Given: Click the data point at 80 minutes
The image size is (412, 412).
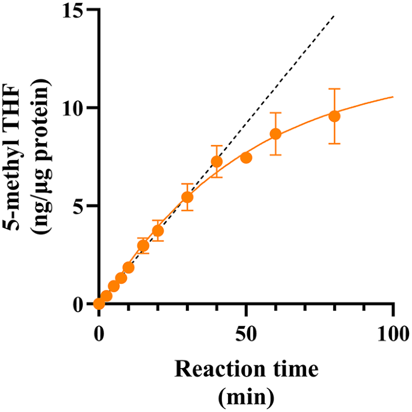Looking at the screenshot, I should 334,116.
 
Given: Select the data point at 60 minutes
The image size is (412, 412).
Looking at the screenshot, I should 275,134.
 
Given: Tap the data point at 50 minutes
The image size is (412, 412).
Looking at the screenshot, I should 246,158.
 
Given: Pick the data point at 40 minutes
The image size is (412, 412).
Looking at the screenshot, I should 217,162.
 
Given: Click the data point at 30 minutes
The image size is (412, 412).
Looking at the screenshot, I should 187,197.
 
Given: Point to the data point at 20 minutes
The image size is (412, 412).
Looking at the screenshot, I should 158,230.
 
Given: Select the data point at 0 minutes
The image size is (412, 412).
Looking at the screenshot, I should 99,304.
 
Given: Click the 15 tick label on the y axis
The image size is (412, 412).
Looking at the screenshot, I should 72,11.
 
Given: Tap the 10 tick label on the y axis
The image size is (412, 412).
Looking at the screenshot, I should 72,108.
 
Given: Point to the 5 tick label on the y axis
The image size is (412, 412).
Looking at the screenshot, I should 78,206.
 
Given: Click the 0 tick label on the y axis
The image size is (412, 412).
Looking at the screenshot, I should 78,304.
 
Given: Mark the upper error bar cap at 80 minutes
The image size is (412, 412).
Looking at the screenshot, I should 334,89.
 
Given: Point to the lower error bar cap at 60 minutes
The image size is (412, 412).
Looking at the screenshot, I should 275,155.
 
